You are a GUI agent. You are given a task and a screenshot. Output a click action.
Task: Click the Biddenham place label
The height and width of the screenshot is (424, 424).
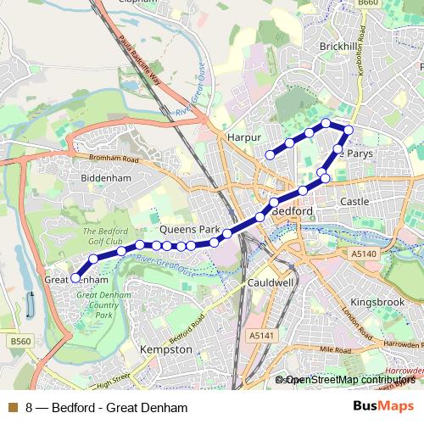[x=103, y=179]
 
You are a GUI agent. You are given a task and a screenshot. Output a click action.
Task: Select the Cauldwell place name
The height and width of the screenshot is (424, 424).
[x=271, y=282]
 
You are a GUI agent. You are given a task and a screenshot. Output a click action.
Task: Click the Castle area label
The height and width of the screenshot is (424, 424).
[x=354, y=202]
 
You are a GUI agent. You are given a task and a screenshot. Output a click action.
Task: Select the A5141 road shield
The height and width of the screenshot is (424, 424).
[x=263, y=337]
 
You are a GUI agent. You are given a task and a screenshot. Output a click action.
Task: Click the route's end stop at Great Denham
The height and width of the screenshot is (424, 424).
[x=75, y=277]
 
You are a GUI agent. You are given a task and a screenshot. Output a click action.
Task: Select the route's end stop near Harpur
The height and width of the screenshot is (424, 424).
[x=271, y=154]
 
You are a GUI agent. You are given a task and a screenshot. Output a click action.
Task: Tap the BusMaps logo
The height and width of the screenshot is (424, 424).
[x=383, y=406]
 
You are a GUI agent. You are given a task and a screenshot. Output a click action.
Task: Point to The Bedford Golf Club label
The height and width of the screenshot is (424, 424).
[x=104, y=235]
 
